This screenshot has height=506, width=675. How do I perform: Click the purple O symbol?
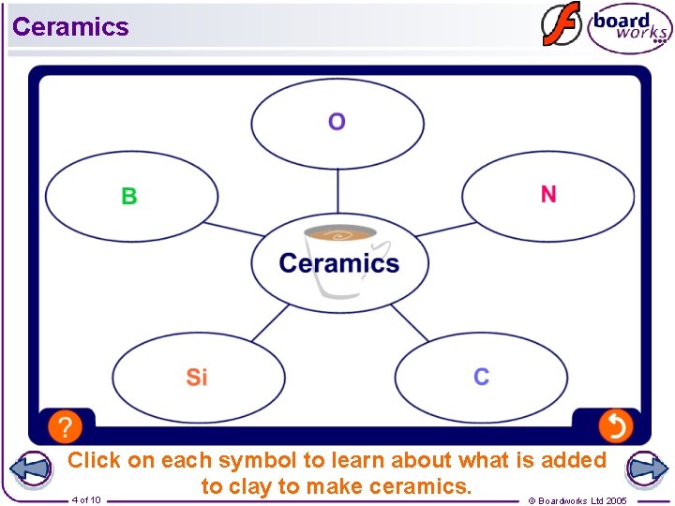click(337, 122)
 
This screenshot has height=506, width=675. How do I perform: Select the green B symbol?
click(129, 196)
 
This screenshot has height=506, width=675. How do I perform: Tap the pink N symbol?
click(548, 194)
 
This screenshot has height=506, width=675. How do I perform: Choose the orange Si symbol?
click(197, 377)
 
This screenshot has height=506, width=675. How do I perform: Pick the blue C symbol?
click(481, 377)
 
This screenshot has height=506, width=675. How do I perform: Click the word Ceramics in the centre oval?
click(339, 263)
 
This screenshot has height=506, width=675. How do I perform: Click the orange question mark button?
click(65, 426)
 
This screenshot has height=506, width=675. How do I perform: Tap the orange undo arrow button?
click(616, 426)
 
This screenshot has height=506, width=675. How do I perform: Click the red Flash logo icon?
click(561, 24)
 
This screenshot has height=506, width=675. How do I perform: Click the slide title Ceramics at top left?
click(70, 26)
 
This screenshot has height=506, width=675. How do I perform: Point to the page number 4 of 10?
click(86, 499)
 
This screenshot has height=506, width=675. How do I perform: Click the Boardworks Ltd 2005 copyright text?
click(577, 500)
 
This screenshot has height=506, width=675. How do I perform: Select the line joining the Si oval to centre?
click(270, 321)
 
